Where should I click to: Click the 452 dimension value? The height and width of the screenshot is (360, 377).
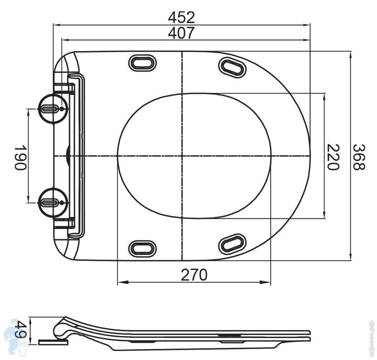coord(181,17)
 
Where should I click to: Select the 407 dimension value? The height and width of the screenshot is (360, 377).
coord(181,33)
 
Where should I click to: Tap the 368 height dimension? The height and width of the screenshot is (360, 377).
coord(359,157)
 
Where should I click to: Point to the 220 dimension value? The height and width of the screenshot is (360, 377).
coord(333,157)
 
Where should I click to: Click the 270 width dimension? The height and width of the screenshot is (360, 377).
coord(194,275)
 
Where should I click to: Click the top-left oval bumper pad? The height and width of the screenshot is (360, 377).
coord(142,63)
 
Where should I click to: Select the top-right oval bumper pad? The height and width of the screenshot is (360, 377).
coord(232,67)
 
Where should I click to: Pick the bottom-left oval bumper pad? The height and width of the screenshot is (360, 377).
coord(142,248)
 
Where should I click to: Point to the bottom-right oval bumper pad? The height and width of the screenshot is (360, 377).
coord(232,244)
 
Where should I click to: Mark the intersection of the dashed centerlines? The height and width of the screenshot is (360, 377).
coord(182,156)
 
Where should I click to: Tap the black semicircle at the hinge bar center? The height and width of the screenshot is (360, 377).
coord(68,156)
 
